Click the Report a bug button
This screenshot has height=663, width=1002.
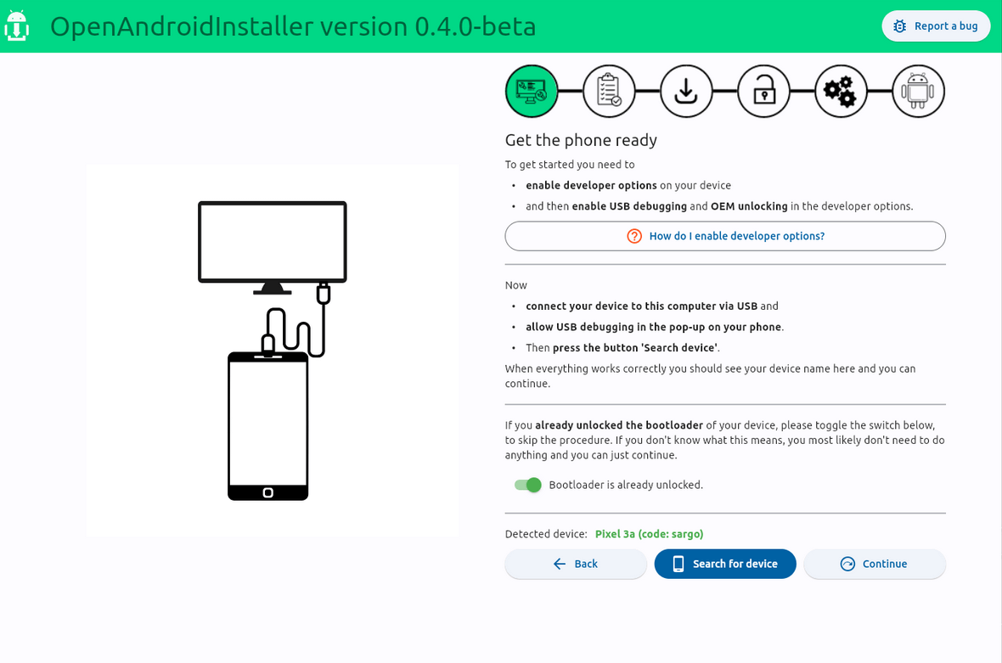[936, 26]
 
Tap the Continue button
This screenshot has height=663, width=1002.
[874, 564]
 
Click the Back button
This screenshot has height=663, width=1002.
[576, 564]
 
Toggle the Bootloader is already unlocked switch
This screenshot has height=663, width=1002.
[528, 485]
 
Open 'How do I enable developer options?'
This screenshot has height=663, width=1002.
[725, 236]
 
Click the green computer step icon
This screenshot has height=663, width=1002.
[532, 92]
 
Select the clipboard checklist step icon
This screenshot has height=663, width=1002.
[609, 92]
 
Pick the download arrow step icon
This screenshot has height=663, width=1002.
[686, 92]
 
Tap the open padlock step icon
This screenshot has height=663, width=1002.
[763, 92]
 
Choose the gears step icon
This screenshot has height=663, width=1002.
[841, 92]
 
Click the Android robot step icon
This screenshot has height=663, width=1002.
[918, 92]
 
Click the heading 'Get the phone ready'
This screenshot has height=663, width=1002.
[581, 140]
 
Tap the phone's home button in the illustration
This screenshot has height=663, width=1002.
[268, 492]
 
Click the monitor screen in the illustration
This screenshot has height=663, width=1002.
[273, 241]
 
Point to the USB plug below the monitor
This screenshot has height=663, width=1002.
[324, 294]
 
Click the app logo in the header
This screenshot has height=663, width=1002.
[17, 26]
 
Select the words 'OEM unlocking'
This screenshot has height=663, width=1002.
[749, 206]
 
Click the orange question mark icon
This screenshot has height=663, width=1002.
[634, 236]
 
